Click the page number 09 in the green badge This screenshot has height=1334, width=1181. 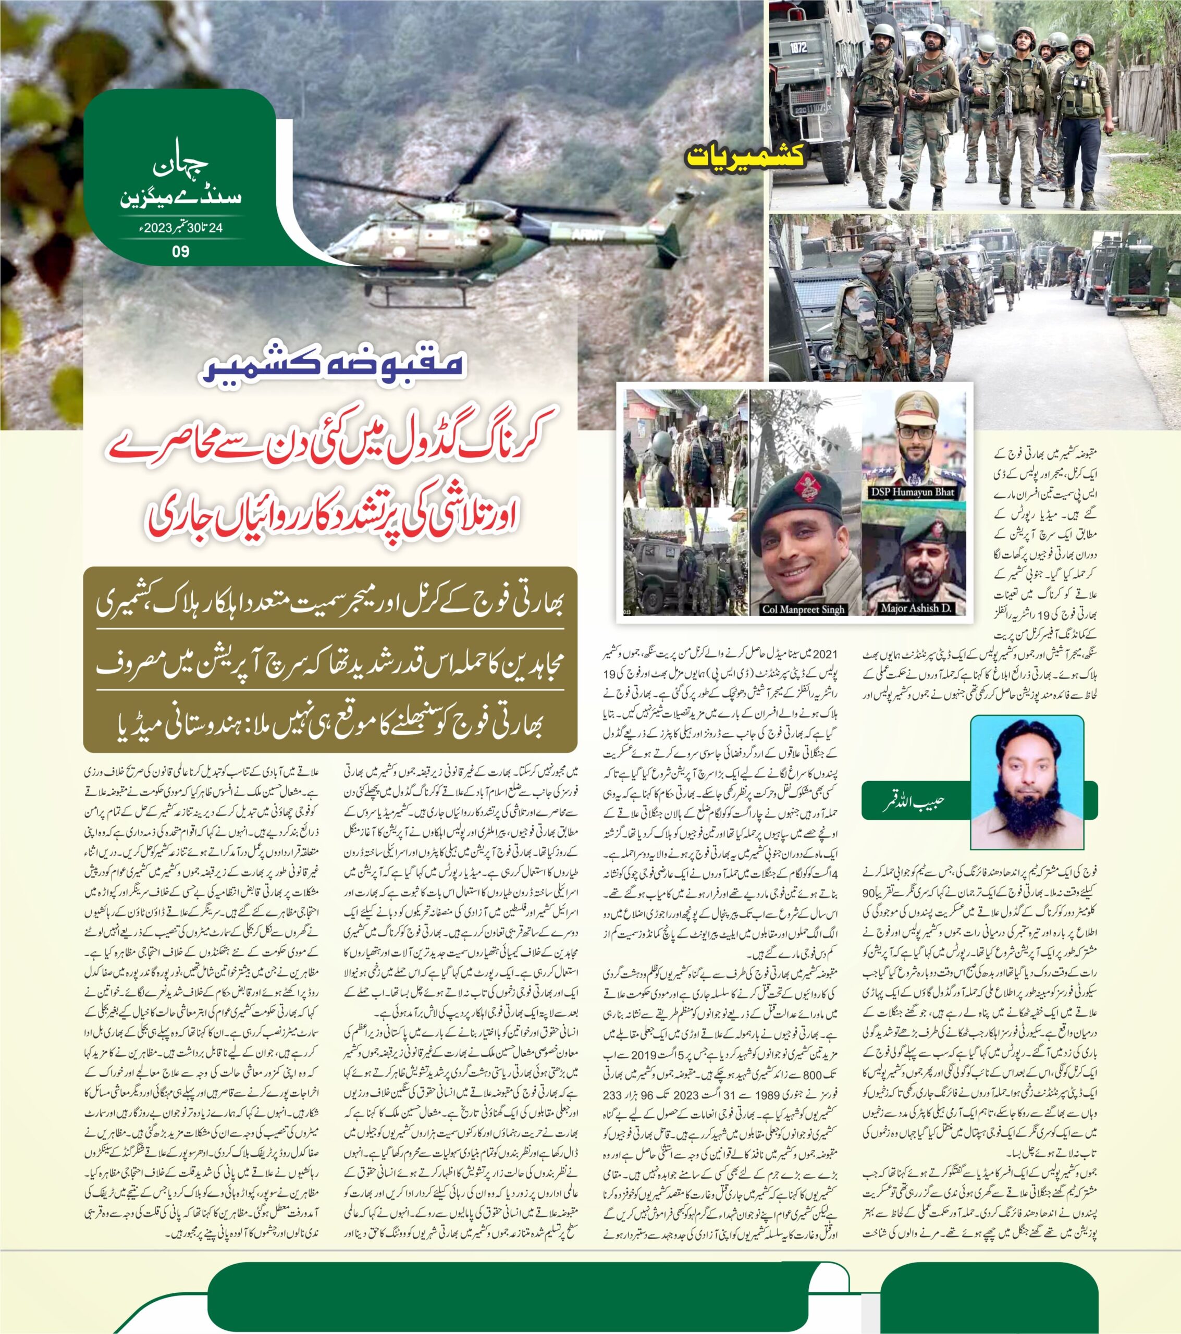[181, 252]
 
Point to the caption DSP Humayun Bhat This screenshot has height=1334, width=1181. [912, 492]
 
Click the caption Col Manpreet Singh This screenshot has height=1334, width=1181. [803, 609]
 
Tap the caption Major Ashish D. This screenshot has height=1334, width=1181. [915, 608]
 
